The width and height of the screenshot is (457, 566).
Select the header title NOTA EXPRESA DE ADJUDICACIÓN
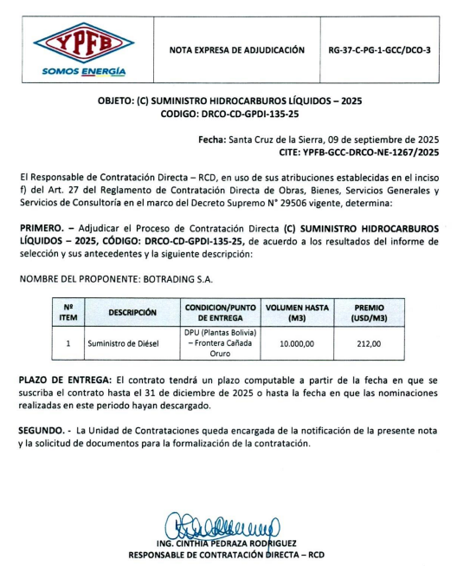point(236,50)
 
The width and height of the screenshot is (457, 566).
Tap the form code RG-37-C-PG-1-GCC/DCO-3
point(380,50)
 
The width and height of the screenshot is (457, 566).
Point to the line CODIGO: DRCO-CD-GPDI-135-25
point(228,114)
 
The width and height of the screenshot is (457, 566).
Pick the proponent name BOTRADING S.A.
point(180,279)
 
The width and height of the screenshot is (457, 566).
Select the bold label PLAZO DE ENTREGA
point(65,381)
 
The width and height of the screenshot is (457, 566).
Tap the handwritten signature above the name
point(227,525)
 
